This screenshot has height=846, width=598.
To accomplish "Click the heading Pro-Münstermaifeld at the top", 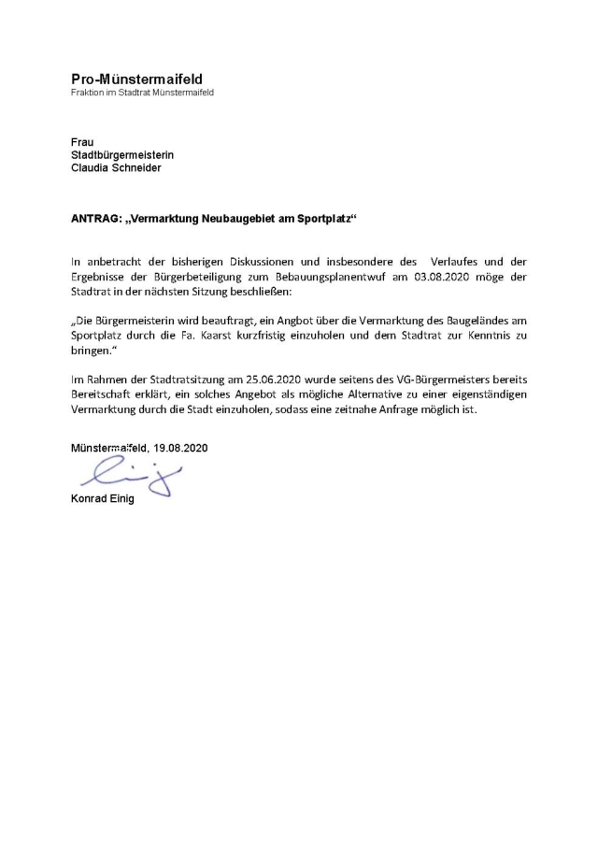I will coord(136,79).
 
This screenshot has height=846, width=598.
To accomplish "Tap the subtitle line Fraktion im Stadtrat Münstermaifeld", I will coord(142,93).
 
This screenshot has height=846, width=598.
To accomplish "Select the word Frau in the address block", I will coord(82,142).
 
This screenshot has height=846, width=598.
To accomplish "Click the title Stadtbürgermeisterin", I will coord(122,155).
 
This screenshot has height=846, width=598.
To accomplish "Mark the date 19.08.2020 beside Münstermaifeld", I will coord(180,448).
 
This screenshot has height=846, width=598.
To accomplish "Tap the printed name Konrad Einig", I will coord(103,498).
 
